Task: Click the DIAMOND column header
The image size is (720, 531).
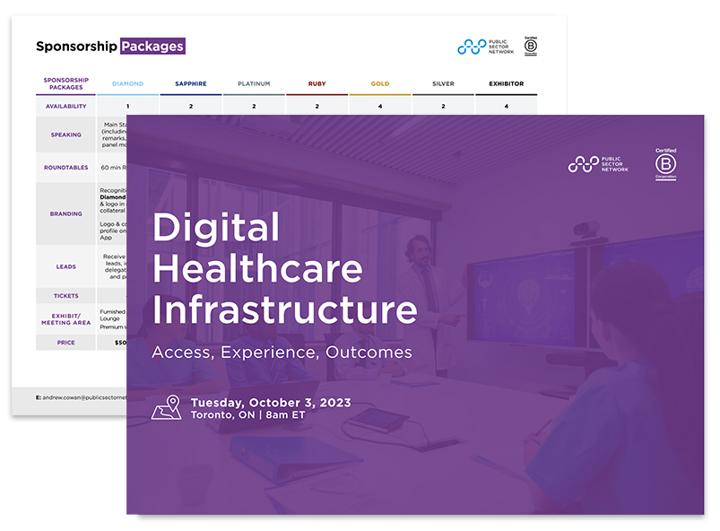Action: tap(127, 84)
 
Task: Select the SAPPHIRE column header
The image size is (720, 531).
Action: tap(190, 84)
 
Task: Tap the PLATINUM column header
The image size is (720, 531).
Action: tap(254, 84)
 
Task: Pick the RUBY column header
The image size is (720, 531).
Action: tap(317, 84)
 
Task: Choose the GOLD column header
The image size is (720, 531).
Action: tap(380, 84)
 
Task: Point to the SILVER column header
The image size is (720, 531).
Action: tap(443, 84)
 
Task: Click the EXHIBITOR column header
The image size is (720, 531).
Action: tap(506, 84)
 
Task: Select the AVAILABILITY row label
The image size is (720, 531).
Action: tap(66, 107)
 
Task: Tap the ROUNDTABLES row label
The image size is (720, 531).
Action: tap(66, 167)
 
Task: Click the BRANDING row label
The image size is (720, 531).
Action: tap(66, 214)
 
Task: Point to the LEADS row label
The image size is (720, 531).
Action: tap(66, 266)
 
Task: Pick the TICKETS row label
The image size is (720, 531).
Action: tap(66, 296)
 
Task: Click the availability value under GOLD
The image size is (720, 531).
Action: tap(380, 107)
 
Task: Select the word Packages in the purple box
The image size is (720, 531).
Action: tap(152, 46)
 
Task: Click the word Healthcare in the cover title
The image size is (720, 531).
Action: tap(257, 268)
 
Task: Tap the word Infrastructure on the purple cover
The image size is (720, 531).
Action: tap(284, 309)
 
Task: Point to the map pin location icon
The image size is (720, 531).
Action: tap(168, 407)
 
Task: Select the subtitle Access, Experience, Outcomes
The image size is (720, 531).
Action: tap(282, 352)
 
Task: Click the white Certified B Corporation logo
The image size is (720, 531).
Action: tap(665, 163)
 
